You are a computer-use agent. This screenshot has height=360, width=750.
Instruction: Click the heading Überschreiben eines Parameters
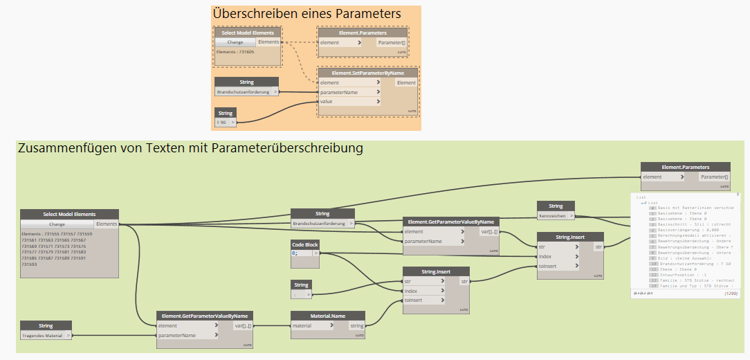pos(307,14)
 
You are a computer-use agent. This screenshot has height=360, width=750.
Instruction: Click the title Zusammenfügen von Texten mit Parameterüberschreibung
pos(190,148)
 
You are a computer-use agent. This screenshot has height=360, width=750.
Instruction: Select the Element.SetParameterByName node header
pos(368,73)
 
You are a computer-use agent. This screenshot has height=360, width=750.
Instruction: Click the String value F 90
pos(223,123)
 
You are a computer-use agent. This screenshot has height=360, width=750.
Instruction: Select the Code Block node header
pos(305,245)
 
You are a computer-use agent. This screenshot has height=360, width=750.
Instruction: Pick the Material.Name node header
pos(328,316)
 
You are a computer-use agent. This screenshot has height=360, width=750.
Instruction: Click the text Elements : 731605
pos(235,51)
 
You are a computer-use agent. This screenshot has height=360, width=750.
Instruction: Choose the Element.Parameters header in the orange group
pos(363,33)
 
